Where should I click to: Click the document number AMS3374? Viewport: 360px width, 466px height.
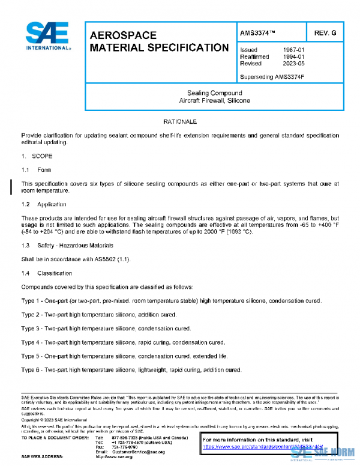coord(258,32)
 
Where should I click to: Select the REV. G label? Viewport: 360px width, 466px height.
coord(324,32)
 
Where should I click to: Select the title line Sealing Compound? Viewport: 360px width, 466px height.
coord(214,93)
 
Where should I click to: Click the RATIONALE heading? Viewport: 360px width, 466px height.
coord(180,122)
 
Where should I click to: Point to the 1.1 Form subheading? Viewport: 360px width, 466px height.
coord(37,170)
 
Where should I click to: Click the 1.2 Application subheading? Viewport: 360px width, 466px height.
coord(43,204)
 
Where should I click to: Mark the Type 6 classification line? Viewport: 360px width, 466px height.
coord(131,370)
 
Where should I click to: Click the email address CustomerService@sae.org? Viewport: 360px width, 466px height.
coord(136,451)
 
